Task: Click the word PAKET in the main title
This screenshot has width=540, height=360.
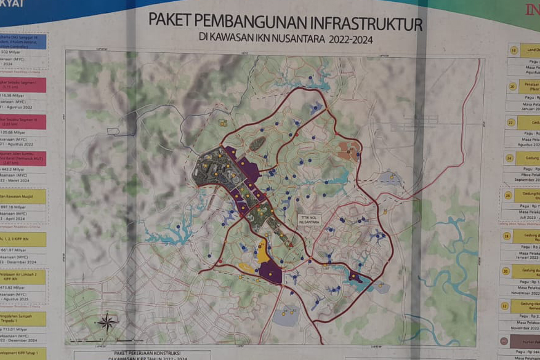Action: coord(175,19)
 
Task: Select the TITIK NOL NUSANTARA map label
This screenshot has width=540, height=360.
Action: coord(309,220)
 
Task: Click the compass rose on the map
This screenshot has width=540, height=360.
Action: coord(107,322)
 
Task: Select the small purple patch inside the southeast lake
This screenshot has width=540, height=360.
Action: coord(355,277)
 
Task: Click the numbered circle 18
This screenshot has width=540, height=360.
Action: coord(514,50)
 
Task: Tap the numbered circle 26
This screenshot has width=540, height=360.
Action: coord(509,195)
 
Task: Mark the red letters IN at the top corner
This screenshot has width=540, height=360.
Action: coord(531,10)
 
